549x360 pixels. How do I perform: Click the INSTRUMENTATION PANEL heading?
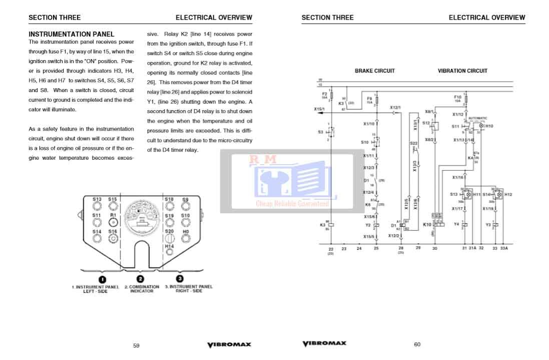(68, 34)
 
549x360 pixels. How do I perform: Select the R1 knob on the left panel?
(113, 222)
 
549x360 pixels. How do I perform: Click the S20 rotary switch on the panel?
(169, 238)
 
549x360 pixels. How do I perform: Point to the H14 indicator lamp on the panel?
(169, 252)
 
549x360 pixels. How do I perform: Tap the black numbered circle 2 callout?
(141, 279)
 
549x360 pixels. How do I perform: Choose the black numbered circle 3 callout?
(180, 278)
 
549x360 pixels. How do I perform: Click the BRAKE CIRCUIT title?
(374, 71)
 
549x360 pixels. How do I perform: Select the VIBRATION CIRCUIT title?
(462, 71)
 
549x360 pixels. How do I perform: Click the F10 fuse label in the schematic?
(457, 97)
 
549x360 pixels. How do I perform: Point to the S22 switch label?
(413, 143)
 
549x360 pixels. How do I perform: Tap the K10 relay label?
(427, 225)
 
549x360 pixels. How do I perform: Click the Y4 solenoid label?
(456, 224)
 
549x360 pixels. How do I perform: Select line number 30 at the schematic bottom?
(434, 248)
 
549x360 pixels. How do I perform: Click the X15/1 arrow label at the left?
(319, 109)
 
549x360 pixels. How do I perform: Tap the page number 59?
(136, 344)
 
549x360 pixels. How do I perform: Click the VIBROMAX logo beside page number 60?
(324, 343)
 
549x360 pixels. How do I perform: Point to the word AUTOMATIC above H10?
(478, 118)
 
